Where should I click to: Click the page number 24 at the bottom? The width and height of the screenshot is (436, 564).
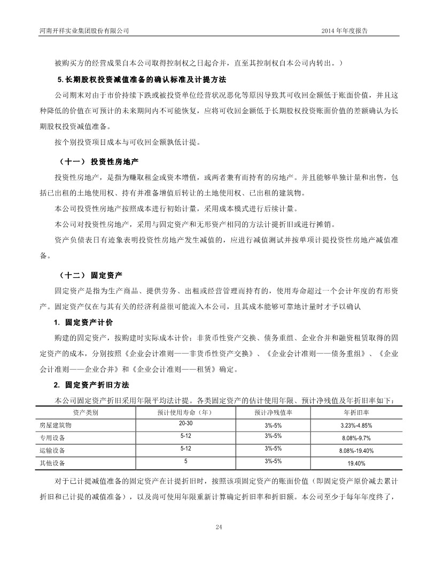coord(218,527)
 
